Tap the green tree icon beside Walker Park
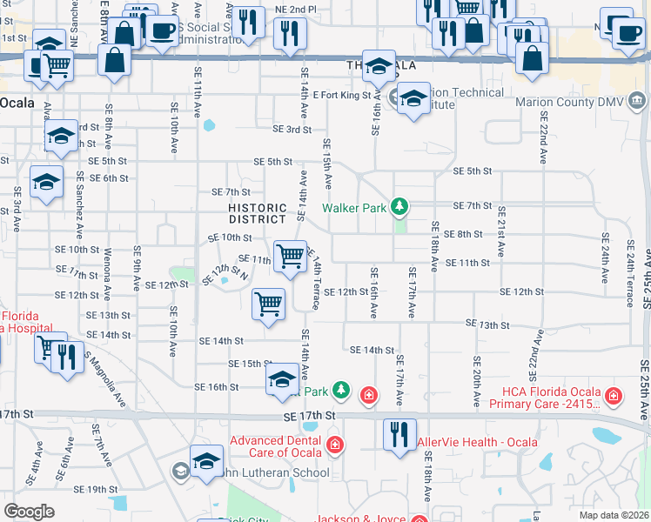pos(399,207)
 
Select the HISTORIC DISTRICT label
pos(258,214)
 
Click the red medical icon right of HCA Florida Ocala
pos(615,397)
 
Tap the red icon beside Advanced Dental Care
pos(334,446)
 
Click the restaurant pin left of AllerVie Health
pos(399,434)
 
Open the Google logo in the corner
pos(29,512)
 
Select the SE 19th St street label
pos(96,490)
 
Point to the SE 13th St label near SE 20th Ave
pos(487,324)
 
